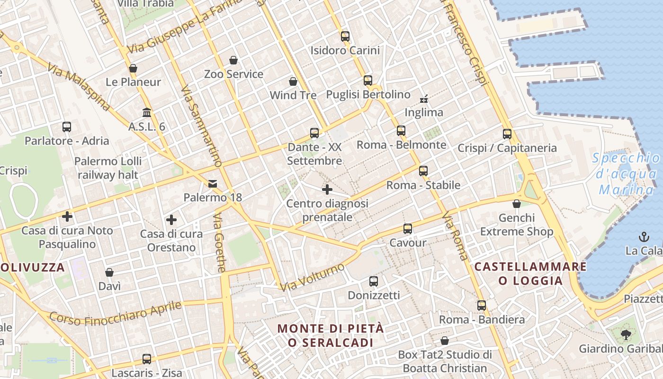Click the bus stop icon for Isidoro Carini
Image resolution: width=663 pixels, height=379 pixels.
345,36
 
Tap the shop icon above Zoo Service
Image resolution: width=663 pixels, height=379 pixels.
233,60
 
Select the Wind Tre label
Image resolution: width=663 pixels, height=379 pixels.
293,95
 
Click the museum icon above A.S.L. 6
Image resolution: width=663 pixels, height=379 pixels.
147,113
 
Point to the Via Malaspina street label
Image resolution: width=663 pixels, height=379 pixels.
78,88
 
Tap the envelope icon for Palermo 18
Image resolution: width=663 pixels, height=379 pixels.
213,183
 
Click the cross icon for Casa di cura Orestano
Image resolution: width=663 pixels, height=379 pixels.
171,220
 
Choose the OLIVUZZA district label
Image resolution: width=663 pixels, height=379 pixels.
32,267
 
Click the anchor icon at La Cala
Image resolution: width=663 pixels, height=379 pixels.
644,236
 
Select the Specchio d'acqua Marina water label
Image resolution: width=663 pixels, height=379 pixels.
626,174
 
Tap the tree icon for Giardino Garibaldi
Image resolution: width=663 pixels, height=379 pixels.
626,335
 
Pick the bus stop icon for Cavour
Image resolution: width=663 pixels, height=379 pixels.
407,229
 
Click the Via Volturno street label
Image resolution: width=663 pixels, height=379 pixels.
312,278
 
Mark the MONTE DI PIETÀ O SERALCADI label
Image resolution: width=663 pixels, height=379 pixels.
330,335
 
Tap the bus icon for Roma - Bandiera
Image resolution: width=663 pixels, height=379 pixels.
482,306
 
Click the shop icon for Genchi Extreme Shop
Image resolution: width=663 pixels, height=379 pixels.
517,204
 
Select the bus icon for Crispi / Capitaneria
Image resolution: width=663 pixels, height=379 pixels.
507,134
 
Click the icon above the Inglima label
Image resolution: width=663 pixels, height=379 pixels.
424,99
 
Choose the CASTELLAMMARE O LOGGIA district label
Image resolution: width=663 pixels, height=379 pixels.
530,273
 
